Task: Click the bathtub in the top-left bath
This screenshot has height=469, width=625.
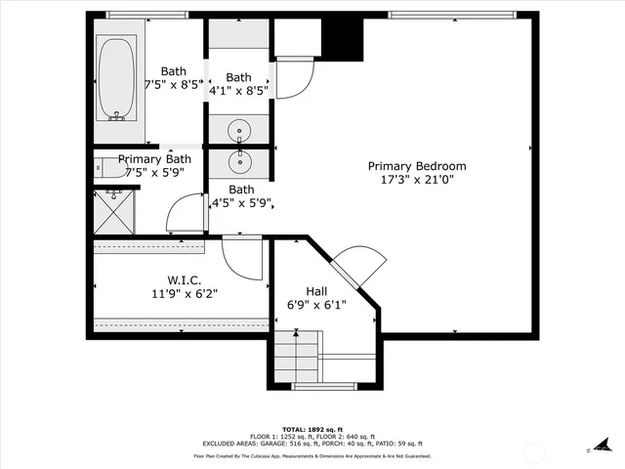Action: (x=117, y=78)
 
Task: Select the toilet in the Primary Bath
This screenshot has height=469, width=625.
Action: (x=108, y=170)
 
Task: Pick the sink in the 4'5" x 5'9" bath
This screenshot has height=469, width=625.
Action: (x=238, y=160)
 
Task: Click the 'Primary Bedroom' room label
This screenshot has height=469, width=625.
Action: (x=417, y=166)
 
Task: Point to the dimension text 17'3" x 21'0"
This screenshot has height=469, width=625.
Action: (x=417, y=180)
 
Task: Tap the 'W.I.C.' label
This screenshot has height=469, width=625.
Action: (x=183, y=280)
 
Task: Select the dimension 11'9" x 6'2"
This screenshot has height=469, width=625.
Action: (x=183, y=294)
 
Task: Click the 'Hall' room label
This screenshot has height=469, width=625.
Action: (x=316, y=291)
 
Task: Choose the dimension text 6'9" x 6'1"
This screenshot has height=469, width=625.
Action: (x=316, y=305)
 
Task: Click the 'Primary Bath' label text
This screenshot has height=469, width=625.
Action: (x=154, y=159)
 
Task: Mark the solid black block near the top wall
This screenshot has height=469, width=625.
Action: (x=342, y=37)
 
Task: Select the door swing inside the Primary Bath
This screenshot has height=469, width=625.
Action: (x=185, y=214)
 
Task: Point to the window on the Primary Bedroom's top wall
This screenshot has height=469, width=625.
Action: (x=450, y=15)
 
